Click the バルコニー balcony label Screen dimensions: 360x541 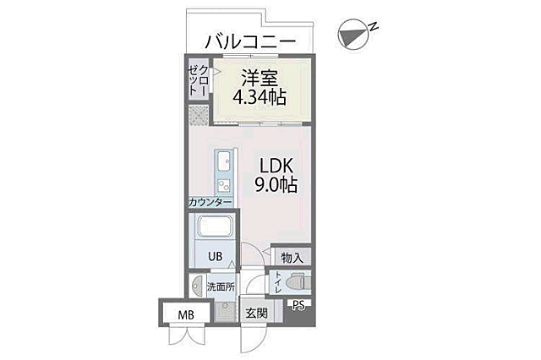(x=249, y=39)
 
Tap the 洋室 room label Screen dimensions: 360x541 (x=260, y=76)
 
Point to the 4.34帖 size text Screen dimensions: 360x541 (x=259, y=96)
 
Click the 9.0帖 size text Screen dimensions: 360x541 (x=276, y=184)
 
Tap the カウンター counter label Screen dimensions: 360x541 (x=210, y=203)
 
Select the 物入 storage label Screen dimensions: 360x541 (x=292, y=257)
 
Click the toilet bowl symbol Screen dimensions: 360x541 (x=297, y=282)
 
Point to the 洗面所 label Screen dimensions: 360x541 (x=221, y=286)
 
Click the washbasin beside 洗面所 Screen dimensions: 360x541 (x=197, y=286)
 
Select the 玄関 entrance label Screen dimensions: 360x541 (x=256, y=313)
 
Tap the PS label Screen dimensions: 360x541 (x=298, y=307)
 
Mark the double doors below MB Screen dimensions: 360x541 (x=185, y=336)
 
